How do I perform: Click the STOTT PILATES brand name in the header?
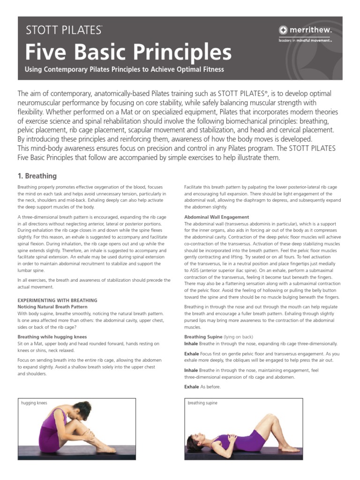click(64, 31)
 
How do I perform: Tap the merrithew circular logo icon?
click(284, 30)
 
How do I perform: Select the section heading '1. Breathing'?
click(37, 176)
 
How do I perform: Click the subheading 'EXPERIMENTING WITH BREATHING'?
click(57, 300)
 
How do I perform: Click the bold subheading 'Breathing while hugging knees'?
click(52, 337)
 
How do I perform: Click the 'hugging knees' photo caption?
click(34, 403)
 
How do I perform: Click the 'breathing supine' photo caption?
click(202, 403)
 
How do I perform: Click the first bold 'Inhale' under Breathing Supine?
click(191, 343)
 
